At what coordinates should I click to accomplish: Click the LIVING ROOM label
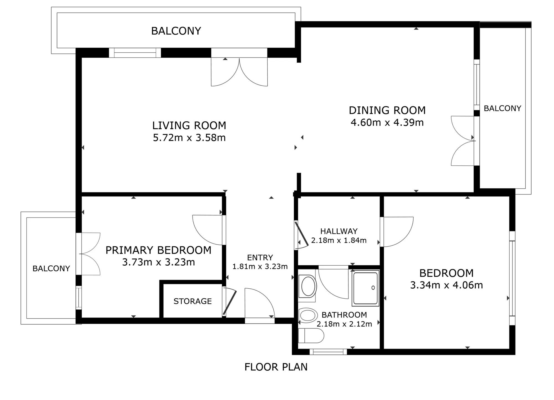point(189,125)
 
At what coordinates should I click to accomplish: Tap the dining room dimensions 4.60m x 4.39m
point(387,122)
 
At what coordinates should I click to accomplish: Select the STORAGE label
point(193,301)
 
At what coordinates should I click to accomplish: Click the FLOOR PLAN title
point(276,367)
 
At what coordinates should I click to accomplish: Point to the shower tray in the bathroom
point(365,288)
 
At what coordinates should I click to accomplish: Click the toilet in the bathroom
point(311,336)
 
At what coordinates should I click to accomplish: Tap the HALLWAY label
point(339,231)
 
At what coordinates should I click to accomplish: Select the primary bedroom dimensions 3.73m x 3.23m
point(158,262)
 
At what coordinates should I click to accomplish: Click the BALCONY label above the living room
point(176,31)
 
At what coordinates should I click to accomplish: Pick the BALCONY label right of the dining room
point(502,108)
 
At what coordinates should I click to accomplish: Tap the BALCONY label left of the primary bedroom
point(51,268)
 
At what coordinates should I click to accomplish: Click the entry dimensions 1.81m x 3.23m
point(260,266)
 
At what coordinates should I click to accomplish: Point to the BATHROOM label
point(344,315)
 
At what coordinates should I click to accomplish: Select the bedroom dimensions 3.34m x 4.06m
point(447,285)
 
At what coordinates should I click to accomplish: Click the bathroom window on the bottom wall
point(328,352)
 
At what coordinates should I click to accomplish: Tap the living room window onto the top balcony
point(135,53)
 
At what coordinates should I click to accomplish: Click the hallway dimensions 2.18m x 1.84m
point(339,240)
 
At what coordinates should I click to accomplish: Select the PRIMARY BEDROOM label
point(158,250)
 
